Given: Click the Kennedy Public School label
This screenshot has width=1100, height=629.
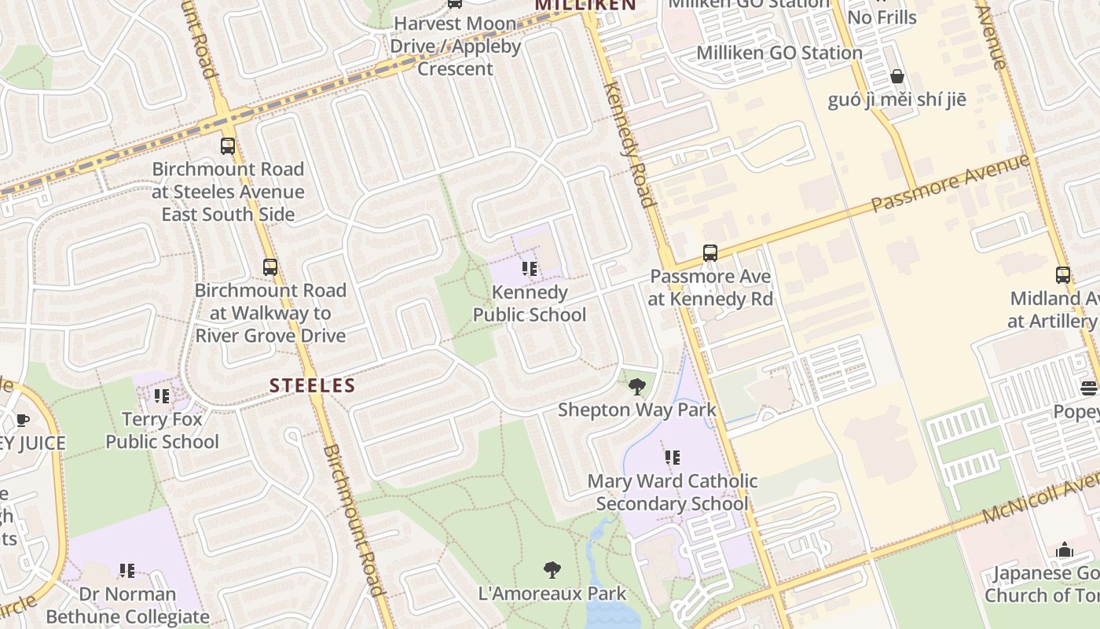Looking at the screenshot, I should (x=530, y=303).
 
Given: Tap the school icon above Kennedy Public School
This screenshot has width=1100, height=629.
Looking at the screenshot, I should (x=530, y=269).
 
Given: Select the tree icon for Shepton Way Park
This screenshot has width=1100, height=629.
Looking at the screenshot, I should (x=637, y=386).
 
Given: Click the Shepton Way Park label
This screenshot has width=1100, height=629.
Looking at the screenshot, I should (x=637, y=410).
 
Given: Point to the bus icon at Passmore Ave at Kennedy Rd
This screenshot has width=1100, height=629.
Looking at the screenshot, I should (x=710, y=253).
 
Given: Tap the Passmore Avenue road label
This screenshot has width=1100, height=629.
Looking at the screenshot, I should (x=950, y=183).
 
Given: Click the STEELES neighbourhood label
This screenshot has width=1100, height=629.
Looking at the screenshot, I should (x=313, y=386).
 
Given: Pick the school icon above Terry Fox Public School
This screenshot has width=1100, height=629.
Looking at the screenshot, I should (x=162, y=395).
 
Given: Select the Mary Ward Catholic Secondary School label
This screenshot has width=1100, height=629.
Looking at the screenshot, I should (x=673, y=492).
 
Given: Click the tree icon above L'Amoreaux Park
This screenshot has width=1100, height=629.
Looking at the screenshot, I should (x=553, y=570).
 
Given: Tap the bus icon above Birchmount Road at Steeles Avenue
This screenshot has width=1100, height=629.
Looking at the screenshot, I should (x=228, y=145).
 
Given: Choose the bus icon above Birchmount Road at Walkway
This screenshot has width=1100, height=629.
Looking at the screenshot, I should (x=270, y=267).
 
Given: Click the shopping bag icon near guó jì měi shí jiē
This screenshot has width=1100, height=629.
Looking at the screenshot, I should (x=897, y=76).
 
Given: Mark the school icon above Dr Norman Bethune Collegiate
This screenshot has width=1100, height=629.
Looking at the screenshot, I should (x=127, y=570).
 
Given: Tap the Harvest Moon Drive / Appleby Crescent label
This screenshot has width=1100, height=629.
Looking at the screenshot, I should (x=456, y=46).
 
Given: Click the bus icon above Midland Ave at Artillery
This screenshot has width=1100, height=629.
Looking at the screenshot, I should (x=1063, y=275).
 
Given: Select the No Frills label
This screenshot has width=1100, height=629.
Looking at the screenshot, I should (x=882, y=17).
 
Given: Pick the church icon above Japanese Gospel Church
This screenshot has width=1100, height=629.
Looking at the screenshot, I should (x=1065, y=550).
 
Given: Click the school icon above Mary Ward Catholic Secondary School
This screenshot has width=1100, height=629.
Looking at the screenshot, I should (x=673, y=457).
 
